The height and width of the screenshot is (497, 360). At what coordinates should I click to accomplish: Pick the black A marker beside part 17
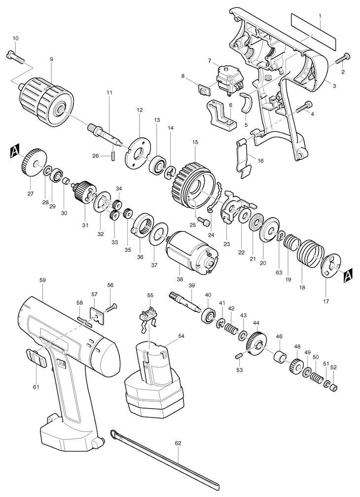347,274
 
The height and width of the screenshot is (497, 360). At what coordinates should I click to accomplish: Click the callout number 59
42,280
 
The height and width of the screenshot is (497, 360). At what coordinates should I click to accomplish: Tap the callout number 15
195,142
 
